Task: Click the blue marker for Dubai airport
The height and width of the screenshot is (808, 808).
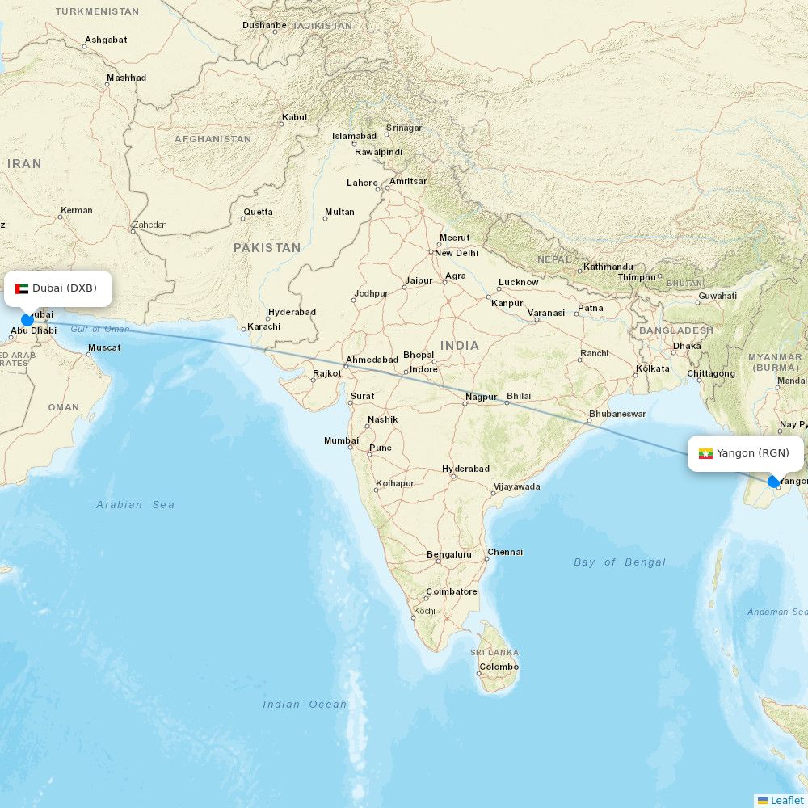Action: (27, 320)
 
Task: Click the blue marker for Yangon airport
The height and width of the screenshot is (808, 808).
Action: (773, 482)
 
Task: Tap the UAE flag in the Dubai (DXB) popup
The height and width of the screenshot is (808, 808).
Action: (22, 288)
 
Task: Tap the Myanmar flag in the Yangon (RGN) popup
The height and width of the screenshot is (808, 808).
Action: (705, 453)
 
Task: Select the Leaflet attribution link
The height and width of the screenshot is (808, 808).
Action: (786, 800)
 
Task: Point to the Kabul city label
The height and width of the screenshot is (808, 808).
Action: (294, 117)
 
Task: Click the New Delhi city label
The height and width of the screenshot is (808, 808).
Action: (457, 253)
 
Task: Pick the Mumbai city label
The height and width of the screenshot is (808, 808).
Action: (341, 440)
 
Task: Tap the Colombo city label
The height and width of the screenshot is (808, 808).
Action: (499, 667)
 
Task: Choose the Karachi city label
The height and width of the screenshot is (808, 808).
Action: (264, 326)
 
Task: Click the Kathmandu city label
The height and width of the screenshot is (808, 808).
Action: (608, 267)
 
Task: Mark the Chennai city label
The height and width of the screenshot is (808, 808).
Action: (505, 552)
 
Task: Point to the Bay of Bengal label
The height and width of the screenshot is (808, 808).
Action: (620, 562)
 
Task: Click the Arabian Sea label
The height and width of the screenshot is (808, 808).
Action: (135, 505)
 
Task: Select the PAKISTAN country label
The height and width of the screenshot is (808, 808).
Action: (267, 248)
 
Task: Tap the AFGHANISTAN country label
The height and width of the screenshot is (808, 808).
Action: (213, 139)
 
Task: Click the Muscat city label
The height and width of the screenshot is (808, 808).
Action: (104, 347)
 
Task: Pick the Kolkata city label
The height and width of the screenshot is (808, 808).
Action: (653, 368)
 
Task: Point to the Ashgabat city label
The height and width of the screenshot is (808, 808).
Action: (106, 40)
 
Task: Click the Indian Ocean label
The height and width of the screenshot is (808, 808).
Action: (305, 705)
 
